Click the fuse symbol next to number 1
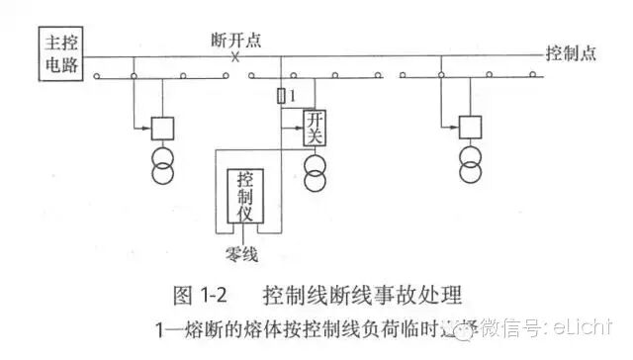coord(283,95)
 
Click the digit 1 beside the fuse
coord(294,95)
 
